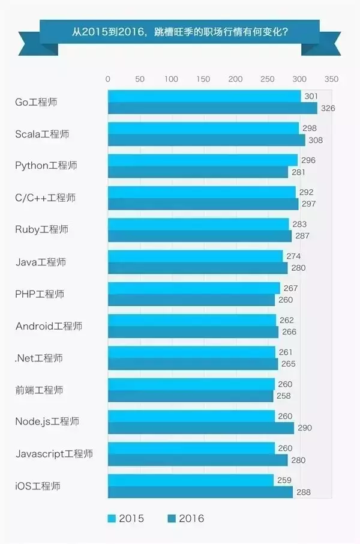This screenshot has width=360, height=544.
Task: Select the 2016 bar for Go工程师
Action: (212, 108)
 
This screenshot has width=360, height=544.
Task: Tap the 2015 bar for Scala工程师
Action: (203, 128)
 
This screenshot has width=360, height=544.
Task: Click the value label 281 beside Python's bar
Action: (298, 172)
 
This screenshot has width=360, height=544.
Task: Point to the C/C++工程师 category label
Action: (45, 198)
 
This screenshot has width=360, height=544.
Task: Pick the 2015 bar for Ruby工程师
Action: (199, 224)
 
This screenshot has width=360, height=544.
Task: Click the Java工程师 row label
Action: (40, 262)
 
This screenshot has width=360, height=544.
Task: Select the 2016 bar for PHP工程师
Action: (191, 300)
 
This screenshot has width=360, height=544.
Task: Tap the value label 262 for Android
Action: (287, 320)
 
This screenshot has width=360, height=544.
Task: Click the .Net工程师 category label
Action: (38, 358)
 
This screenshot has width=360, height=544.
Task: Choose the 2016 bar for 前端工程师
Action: (191, 396)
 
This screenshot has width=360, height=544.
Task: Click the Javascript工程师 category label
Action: (54, 454)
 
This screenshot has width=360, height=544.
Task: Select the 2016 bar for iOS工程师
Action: (200, 492)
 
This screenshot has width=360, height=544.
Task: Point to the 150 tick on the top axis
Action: (203, 79)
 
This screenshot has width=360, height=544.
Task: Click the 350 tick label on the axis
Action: (331, 79)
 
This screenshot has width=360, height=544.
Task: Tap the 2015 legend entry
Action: (126, 518)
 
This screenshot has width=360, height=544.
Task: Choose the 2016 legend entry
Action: (186, 518)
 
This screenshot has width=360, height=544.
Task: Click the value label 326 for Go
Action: (328, 109)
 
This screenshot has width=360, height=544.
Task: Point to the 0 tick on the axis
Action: (108, 79)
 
